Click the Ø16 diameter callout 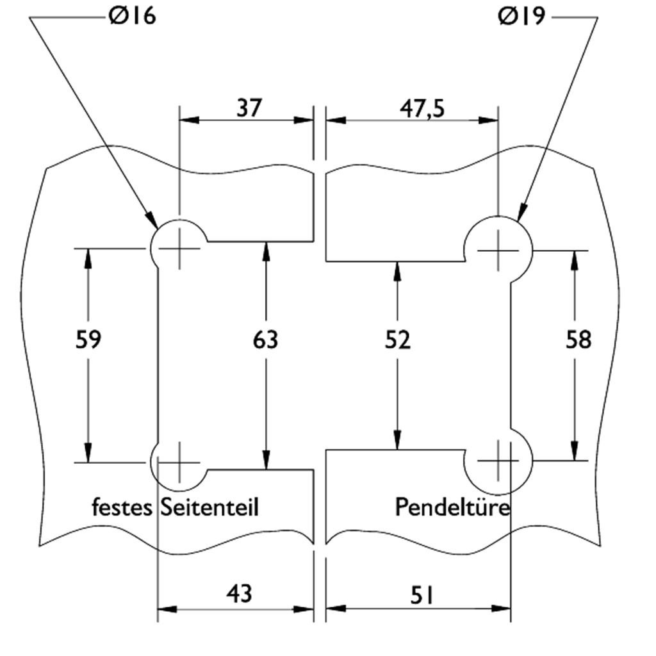(133, 16)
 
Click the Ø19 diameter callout (521, 16)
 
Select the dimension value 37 (249, 108)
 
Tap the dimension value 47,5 (422, 108)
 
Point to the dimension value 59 (88, 340)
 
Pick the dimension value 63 (266, 340)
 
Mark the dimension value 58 (578, 340)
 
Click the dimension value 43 (239, 594)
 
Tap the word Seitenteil (209, 507)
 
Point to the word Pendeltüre (452, 507)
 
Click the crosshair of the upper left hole (179, 248)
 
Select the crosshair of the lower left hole (179, 462)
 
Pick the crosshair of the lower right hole (498, 461)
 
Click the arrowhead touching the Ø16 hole (152, 220)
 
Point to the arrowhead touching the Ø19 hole (521, 213)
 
